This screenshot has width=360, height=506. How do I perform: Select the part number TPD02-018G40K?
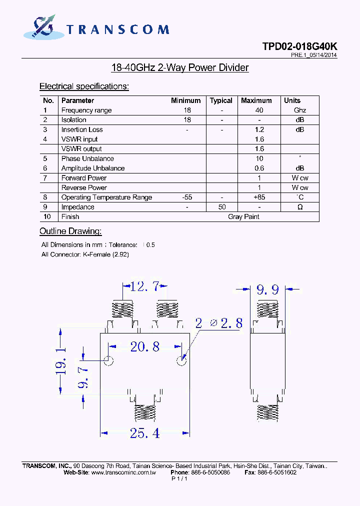(299, 46)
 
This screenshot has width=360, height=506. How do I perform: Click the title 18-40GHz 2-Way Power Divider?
(179, 67)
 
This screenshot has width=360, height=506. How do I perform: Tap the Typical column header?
(221, 100)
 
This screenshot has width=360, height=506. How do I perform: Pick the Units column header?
(292, 100)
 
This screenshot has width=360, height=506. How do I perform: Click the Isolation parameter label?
(73, 120)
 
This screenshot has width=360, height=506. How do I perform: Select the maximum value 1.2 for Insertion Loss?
(259, 129)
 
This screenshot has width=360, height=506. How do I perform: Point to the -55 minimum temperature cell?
(187, 197)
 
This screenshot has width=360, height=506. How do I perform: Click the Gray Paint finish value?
(243, 216)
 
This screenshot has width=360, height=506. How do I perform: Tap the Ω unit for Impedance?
(300, 207)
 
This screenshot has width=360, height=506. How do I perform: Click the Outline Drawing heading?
(70, 231)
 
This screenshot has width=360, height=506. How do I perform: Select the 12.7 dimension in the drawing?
(144, 286)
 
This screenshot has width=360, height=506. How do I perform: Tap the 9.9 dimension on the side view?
(267, 289)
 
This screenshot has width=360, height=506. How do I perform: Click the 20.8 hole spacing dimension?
(144, 346)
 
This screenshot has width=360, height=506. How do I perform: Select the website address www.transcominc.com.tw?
(124, 472)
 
